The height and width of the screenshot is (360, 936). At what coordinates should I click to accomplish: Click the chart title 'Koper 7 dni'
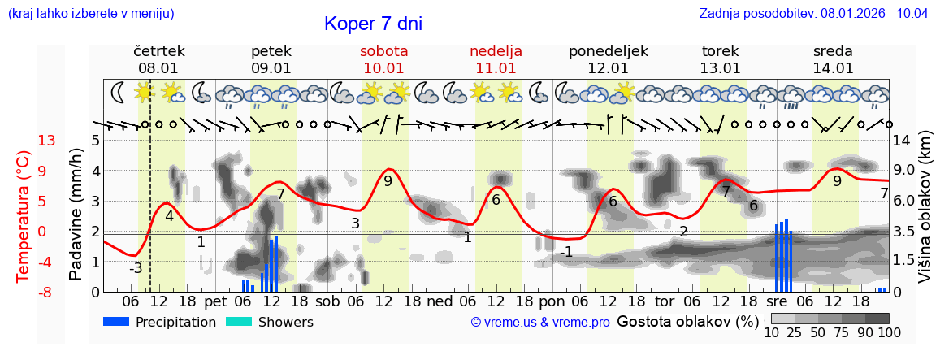coord(373,24)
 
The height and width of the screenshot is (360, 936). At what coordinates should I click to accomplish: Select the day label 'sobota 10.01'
coord(383,59)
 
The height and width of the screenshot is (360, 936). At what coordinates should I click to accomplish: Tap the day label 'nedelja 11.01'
coord(496,59)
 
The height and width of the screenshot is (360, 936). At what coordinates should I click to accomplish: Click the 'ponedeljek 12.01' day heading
coord(608,59)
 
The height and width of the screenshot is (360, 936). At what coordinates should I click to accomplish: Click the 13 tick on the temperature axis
coord(47,141)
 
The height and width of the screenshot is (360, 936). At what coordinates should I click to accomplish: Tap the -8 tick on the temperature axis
coord(47,292)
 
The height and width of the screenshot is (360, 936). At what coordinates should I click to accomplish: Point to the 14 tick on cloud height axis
coord(902,141)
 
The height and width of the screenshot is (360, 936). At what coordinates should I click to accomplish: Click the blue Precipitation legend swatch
coord(116,322)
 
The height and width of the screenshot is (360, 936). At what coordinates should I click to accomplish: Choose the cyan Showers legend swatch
coord(238,322)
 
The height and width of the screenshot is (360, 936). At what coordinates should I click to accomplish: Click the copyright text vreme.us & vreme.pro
coord(540,323)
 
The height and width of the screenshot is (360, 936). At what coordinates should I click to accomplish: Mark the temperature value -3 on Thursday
coord(136,268)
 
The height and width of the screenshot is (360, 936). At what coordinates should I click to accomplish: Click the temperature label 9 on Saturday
coord(388,181)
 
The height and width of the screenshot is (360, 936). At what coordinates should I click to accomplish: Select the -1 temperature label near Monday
coord(565,253)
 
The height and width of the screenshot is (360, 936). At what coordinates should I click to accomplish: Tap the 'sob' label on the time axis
coord(327,301)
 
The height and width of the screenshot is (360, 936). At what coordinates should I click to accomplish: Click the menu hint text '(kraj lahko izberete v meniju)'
coord(91,14)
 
